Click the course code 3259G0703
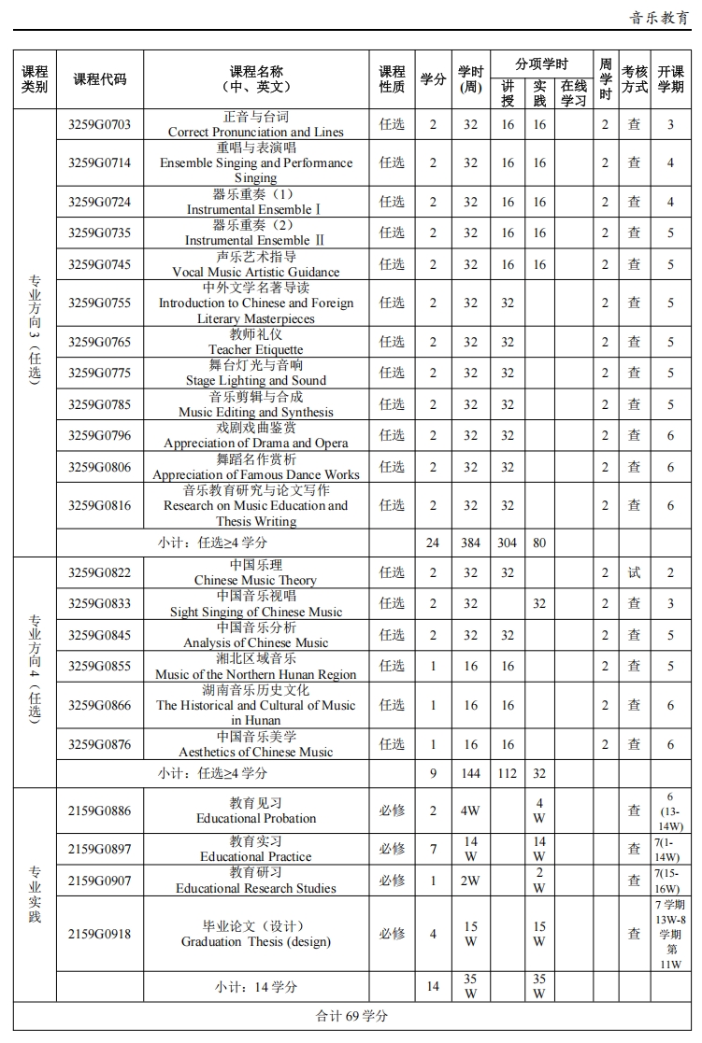(99, 125)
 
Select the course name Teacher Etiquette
(255, 342)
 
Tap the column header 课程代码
(99, 79)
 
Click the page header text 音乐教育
(659, 17)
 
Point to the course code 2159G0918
(99, 934)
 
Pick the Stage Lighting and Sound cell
(255, 373)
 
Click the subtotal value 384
(470, 543)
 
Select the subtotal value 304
(508, 543)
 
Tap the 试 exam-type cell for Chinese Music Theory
(634, 572)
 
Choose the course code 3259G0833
(99, 604)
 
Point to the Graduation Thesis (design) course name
(255, 934)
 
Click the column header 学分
(433, 79)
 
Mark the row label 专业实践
(35, 895)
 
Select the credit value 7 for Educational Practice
(433, 849)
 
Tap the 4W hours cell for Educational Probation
(470, 810)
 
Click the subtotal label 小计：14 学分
(255, 986)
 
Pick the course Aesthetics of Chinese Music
(255, 744)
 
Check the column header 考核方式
(634, 79)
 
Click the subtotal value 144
(470, 773)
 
